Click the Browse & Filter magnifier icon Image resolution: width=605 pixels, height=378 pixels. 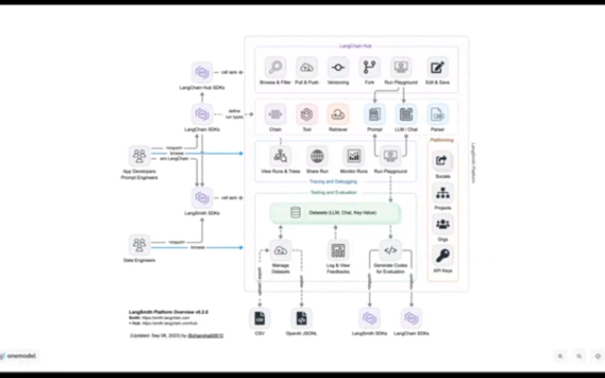coord(275,67)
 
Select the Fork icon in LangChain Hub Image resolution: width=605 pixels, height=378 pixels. coord(369,67)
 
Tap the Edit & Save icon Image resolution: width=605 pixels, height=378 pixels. coord(437,67)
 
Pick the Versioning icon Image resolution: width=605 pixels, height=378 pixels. coord(338,67)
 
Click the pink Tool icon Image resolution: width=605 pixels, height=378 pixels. coord(307,114)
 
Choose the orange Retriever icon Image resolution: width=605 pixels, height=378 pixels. coord(338,114)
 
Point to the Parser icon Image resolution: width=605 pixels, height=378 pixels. coord(437,114)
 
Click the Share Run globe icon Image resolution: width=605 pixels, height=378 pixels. coord(317,156)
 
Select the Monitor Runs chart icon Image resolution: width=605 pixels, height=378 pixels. coord(354,156)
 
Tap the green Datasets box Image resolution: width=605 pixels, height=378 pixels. coord(335,213)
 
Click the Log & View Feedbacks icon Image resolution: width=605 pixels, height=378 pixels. coord(338,250)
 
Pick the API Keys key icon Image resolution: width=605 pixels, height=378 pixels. coord(443,256)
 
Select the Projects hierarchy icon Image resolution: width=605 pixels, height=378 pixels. coord(443,193)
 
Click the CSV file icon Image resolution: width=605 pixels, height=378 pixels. coord(260,318)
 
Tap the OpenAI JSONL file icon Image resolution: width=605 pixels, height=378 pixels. coord(302,318)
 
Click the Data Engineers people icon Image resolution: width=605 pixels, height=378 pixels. coord(139,245)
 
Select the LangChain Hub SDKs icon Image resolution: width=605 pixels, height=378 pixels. coord(202,73)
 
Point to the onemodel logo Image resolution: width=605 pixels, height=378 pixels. coord(19,356)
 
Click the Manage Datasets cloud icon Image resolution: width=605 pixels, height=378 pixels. coord(281,250)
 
